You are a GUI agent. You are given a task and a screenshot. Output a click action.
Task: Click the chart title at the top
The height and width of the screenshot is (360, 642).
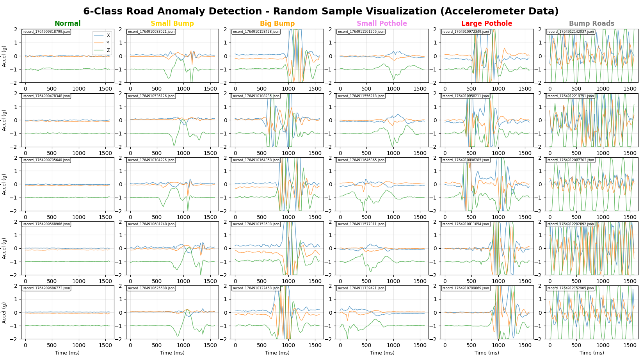tap(321, 11)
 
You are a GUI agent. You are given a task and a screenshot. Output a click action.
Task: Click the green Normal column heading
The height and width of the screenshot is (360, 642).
tap(68, 23)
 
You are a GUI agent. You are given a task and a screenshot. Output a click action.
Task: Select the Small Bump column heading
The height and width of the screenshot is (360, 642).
tap(172, 23)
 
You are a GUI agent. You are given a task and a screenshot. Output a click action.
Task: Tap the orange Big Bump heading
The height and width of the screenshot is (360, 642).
tap(277, 23)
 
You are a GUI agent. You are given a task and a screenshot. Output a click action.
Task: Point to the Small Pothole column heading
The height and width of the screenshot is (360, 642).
tap(382, 23)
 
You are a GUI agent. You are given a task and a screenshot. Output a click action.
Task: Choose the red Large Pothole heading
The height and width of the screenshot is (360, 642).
tap(487, 23)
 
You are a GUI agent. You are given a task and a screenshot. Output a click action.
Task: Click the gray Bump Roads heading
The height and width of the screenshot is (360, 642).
tap(591, 23)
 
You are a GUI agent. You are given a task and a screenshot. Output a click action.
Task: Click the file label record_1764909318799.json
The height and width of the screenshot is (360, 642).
tap(46, 32)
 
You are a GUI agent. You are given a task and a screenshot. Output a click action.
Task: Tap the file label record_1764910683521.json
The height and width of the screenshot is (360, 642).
tap(151, 32)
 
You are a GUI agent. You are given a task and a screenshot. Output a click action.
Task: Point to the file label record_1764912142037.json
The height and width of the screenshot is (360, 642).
tap(571, 32)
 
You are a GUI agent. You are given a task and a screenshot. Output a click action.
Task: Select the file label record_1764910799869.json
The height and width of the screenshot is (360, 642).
tap(466, 288)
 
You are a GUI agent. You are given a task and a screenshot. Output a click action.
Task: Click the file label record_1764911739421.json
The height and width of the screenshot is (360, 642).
tap(361, 288)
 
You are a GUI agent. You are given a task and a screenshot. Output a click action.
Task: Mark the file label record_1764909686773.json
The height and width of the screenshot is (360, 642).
tap(46, 288)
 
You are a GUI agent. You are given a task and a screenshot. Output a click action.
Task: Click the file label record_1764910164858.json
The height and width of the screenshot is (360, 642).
tap(256, 160)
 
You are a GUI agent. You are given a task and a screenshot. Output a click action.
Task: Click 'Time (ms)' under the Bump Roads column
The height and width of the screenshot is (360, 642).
tap(591, 353)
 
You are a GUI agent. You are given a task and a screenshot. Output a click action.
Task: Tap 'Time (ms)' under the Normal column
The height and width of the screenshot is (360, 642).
tap(68, 353)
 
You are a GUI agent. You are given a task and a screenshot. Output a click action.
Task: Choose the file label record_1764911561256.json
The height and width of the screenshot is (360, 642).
tap(361, 32)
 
